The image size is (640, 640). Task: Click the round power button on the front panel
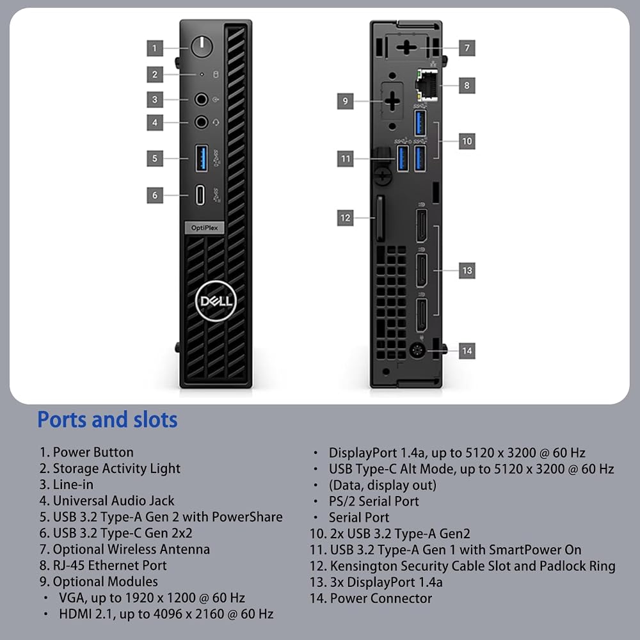202,47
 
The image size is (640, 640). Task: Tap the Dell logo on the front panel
216,301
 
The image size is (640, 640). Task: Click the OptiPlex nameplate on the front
205,228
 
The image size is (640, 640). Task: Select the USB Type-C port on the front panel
200,195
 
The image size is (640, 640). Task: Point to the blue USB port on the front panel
202,158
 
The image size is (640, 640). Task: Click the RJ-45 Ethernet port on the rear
427,85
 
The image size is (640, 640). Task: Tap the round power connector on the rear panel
417,350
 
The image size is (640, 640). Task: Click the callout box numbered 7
467,48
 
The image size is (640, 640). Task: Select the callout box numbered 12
346,218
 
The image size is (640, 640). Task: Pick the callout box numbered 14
467,351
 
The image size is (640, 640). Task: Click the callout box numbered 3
155,99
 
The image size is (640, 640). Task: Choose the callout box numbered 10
467,141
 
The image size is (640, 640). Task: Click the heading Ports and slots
108,420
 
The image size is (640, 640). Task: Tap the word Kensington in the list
364,566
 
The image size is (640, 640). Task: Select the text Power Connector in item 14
381,598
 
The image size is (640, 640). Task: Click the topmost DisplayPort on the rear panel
421,225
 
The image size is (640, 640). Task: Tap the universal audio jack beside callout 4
201,122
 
